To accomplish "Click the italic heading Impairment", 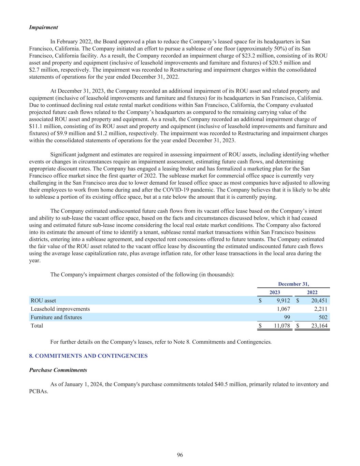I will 43,27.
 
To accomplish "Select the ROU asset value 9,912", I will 283,301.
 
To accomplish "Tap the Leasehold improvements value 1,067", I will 283,309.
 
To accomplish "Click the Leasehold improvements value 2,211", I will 321,309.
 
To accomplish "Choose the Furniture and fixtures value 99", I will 287,317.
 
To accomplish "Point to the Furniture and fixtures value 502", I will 322,317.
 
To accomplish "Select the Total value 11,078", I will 282,326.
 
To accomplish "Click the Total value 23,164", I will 319,326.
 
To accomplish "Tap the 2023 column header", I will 275,292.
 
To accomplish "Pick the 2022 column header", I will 312,292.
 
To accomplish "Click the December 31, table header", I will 293,284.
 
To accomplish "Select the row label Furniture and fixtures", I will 56,317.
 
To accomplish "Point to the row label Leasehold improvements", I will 60,309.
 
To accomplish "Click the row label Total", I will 37,326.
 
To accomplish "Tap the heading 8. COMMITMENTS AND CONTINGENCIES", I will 88,356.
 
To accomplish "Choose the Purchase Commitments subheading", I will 58,370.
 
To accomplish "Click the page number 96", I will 180,455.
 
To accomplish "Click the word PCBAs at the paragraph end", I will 38,392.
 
